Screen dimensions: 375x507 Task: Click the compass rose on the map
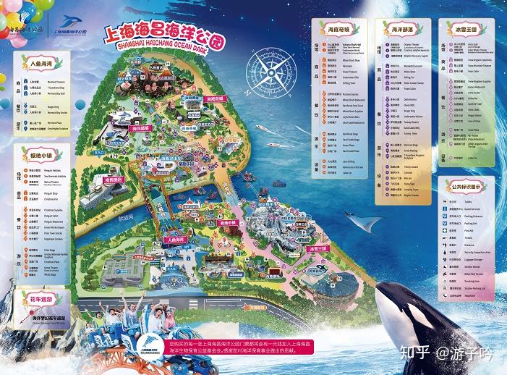coord(274,72)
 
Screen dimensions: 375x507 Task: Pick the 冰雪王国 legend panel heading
coord(467,30)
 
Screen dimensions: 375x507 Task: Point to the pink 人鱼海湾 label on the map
coord(174,239)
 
